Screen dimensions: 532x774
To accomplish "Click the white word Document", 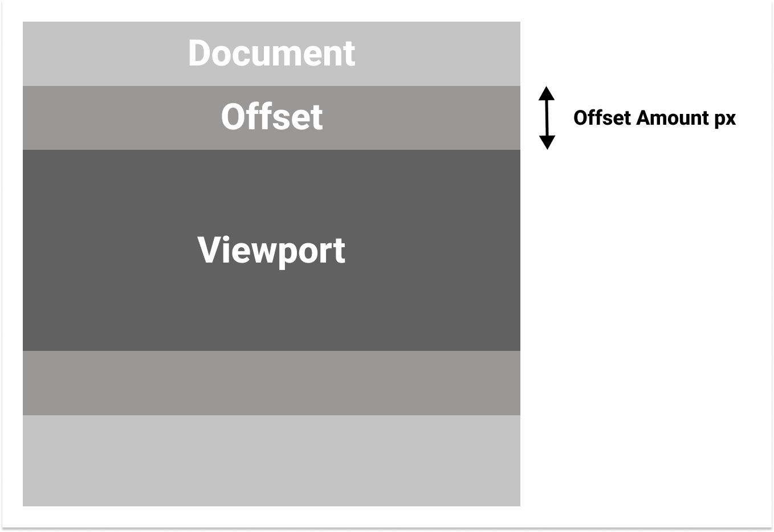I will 271,54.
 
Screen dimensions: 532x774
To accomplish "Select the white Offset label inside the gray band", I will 271,117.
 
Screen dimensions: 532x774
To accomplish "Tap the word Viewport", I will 271,251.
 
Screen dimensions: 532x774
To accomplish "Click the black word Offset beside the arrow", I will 602,118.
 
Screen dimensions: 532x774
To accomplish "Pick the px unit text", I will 725,119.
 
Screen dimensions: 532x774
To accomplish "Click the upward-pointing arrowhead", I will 547,93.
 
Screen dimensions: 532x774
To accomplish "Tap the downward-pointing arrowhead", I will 547,142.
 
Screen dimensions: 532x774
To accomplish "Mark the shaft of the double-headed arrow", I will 547,118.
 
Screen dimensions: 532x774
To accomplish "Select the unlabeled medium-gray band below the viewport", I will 271,383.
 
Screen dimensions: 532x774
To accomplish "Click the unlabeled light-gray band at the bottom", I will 271,460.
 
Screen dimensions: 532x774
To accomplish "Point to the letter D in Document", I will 199,54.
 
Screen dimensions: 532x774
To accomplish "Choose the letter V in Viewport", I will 209,250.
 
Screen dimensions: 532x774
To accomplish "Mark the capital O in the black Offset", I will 581,118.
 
